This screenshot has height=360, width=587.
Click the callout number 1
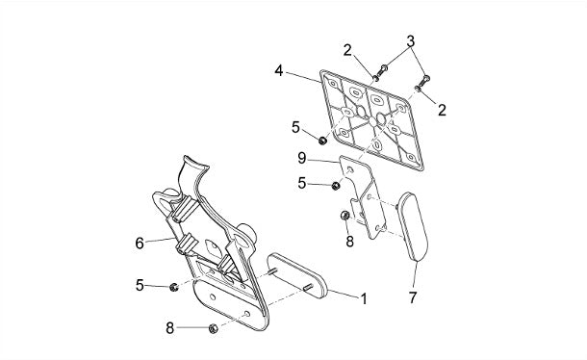tap(364, 299)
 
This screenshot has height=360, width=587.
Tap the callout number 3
tap(411, 41)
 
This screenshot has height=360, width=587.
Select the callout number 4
tap(278, 70)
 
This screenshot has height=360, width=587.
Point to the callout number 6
tap(140, 244)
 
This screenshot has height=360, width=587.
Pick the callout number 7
tap(413, 297)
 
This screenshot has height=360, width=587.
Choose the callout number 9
tap(302, 158)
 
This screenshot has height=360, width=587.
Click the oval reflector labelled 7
tap(412, 226)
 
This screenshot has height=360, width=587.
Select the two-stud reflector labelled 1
tap(297, 275)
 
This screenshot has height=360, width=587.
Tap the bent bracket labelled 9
tap(363, 196)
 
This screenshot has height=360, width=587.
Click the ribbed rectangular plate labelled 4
tap(371, 120)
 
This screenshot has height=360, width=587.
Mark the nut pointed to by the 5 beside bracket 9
tap(336, 186)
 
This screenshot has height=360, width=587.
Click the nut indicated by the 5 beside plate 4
tap(322, 141)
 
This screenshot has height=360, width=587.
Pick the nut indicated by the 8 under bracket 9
tap(345, 215)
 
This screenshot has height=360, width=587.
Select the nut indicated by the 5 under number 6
tap(173, 287)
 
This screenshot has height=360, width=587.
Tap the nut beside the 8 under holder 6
tap(213, 328)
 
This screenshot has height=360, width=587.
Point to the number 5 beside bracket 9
tap(302, 183)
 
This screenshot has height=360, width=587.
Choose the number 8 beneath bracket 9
tap(349, 242)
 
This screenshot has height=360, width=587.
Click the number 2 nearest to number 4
tap(347, 50)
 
